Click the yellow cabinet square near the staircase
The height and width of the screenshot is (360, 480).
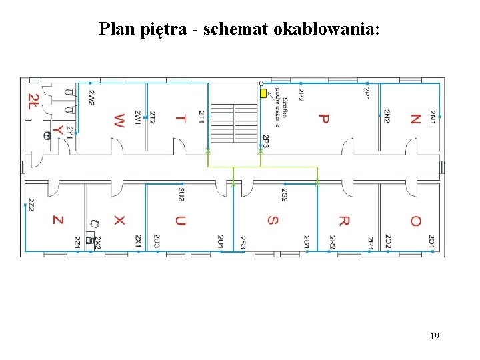[263, 93]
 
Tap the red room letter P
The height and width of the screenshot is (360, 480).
[323, 119]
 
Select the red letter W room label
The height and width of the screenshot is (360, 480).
[119, 121]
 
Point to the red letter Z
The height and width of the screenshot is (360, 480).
[58, 220]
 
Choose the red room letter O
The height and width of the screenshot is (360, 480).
[415, 221]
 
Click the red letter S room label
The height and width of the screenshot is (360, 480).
[272, 220]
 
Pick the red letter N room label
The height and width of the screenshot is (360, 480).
[415, 119]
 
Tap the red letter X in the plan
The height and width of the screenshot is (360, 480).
[119, 220]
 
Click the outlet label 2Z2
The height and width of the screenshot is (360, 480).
[31, 205]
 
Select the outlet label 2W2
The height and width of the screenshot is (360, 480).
[91, 97]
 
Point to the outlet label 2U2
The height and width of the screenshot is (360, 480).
[181, 195]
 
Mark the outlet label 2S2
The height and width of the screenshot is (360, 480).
[284, 195]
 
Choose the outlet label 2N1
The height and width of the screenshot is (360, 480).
[433, 117]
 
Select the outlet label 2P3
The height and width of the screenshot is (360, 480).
[265, 141]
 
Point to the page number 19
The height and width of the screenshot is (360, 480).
[434, 336]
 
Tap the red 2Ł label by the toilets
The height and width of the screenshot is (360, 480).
[33, 101]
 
